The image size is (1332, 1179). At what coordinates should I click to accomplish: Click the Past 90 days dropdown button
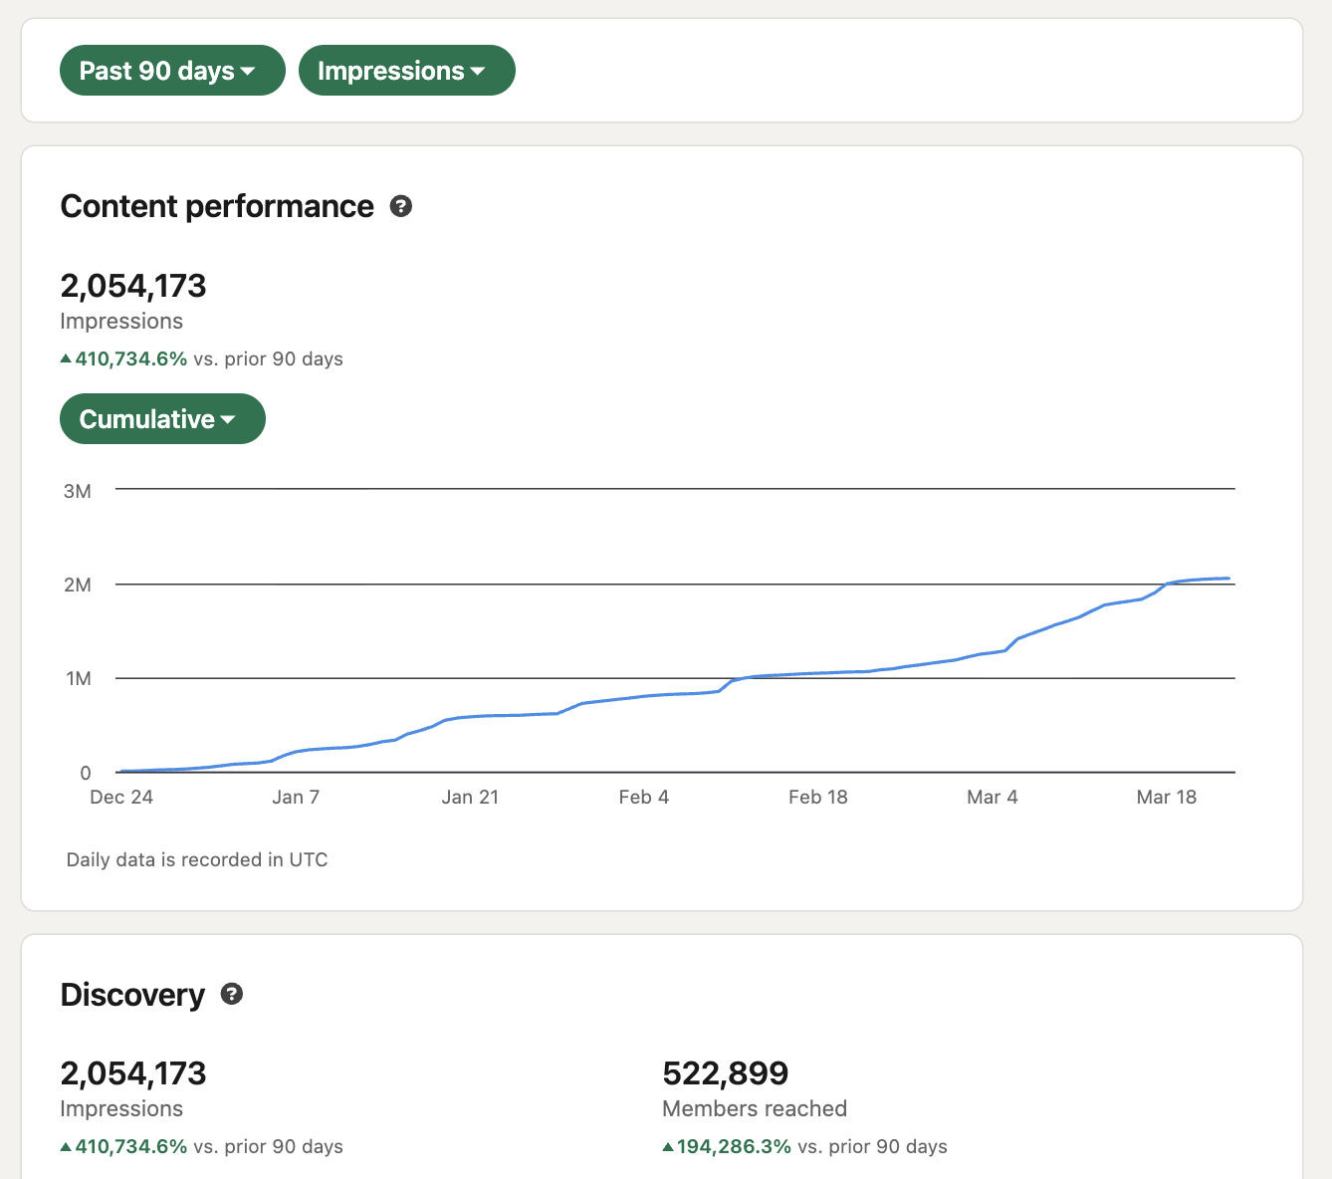[171, 71]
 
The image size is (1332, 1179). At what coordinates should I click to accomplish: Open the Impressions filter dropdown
[406, 71]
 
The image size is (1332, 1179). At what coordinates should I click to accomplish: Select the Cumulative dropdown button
[162, 419]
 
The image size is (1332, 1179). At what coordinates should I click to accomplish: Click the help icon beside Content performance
[401, 206]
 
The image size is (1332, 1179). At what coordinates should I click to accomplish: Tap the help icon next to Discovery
[232, 994]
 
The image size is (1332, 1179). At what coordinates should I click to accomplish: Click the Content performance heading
[217, 206]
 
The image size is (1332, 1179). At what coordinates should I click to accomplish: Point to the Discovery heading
[132, 995]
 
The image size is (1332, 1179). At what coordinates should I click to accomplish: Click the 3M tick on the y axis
[78, 491]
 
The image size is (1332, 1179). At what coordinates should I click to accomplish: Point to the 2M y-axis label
[78, 585]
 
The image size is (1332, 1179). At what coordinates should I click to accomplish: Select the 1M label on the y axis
[79, 679]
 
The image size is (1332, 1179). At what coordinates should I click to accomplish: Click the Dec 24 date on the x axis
[121, 797]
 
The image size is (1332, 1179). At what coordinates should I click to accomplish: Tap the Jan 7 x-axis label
[296, 797]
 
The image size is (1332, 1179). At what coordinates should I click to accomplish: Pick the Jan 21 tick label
[470, 797]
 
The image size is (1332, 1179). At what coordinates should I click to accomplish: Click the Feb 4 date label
[644, 797]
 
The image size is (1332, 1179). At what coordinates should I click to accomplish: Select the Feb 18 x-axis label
[818, 797]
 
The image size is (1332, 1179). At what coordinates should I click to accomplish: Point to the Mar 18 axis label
[1167, 797]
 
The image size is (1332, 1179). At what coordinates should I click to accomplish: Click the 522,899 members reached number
[725, 1073]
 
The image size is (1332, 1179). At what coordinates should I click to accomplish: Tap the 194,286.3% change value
[734, 1146]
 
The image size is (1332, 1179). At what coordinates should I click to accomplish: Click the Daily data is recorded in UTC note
[197, 859]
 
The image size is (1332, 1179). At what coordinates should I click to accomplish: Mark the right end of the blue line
[1228, 579]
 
